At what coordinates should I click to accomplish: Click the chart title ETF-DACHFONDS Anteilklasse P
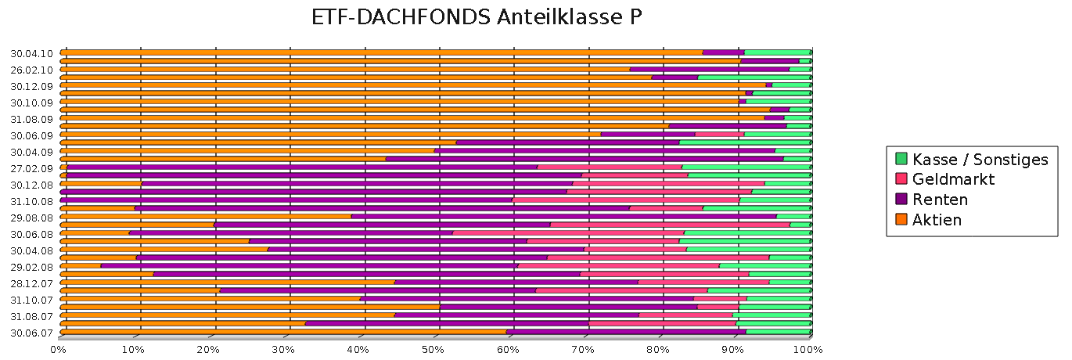pos(477,18)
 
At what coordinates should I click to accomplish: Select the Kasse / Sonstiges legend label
pos(980,160)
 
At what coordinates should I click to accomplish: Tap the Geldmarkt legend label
pos(954,179)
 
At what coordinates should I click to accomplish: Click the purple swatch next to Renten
pos(901,200)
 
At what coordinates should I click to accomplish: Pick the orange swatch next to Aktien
pos(901,220)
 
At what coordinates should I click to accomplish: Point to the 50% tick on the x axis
pos(434,349)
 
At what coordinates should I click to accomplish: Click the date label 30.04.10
pos(31,53)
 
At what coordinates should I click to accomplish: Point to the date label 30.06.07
pos(31,332)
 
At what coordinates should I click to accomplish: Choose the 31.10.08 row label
pos(31,201)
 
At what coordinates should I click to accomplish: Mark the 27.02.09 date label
pos(31,168)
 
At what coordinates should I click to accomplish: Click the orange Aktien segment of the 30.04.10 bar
pos(376,52)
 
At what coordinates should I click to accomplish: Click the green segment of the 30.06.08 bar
pos(747,232)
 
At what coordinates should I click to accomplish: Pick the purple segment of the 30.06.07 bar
pos(626,331)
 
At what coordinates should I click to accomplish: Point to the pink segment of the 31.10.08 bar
pos(626,200)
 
